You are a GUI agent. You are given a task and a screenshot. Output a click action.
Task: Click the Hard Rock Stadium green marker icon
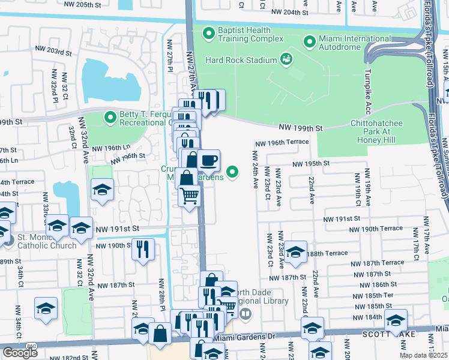(286, 59)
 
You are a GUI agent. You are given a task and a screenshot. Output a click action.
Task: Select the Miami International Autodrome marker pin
(310, 41)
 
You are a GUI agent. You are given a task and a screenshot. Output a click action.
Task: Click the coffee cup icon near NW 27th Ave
(208, 161)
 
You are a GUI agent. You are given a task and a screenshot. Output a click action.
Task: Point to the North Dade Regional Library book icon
(245, 314)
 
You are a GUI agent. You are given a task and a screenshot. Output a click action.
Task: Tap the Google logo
(20, 353)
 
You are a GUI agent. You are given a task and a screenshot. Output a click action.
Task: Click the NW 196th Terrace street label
(282, 142)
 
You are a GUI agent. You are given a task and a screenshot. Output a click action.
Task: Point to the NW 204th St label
(290, 12)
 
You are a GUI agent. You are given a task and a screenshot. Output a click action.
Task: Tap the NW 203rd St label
(53, 52)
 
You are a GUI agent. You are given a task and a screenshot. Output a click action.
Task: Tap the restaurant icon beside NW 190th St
(143, 249)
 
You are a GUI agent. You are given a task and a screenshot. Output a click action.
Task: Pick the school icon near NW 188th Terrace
(295, 252)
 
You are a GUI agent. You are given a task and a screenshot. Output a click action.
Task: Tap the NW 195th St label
(312, 164)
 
